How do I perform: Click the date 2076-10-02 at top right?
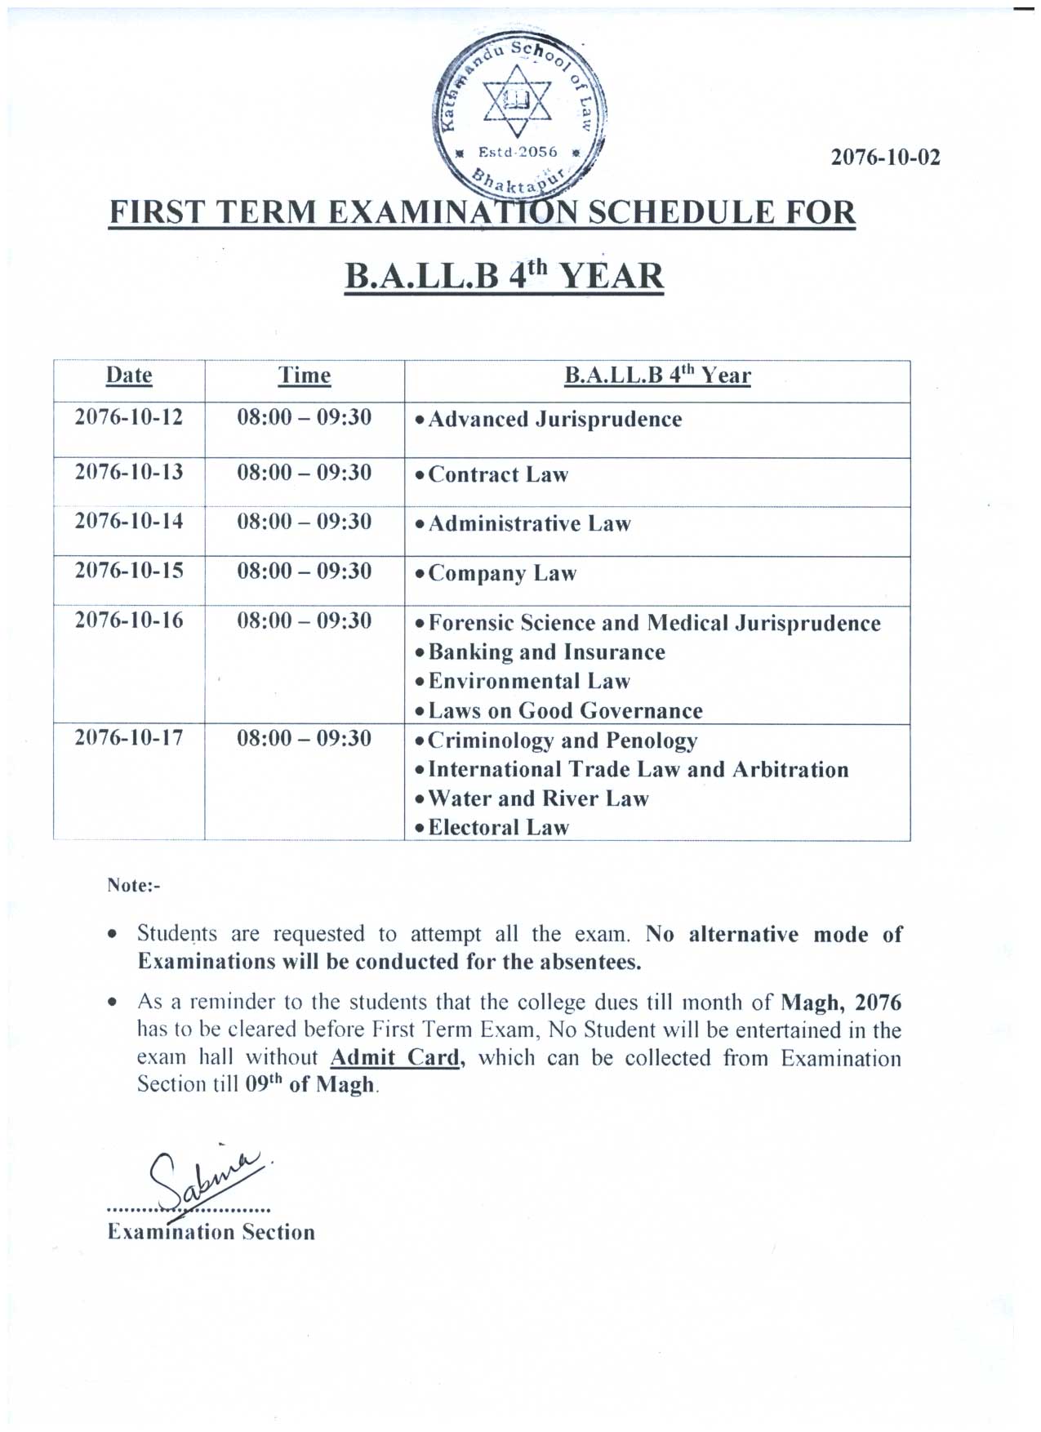[x=885, y=157]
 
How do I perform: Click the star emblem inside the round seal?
[x=518, y=101]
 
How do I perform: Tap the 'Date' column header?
[x=129, y=376]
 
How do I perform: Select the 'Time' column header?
[x=305, y=376]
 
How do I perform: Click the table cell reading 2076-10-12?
[x=129, y=417]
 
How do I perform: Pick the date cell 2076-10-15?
[x=129, y=571]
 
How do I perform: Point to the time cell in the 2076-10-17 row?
[x=305, y=739]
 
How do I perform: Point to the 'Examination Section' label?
[x=211, y=1232]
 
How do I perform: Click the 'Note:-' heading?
[x=134, y=886]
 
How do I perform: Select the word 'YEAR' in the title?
[x=612, y=276]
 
